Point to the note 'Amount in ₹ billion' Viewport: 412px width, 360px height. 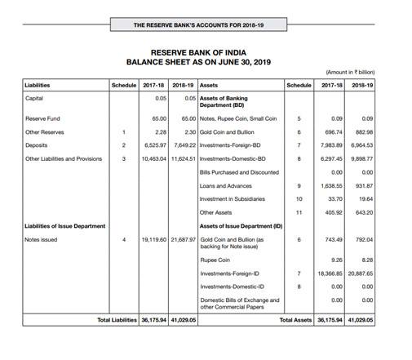(x=352, y=73)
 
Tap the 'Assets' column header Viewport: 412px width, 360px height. (x=209, y=84)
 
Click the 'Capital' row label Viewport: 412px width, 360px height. (x=35, y=98)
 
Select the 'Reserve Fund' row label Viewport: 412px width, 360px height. (x=42, y=118)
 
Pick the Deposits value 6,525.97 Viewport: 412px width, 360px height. (x=154, y=145)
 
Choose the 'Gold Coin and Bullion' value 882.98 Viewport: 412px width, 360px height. (x=361, y=132)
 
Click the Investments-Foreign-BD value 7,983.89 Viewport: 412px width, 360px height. (x=326, y=145)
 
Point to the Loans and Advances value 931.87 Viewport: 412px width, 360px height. (x=361, y=186)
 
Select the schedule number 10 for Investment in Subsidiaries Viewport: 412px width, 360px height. (x=299, y=199)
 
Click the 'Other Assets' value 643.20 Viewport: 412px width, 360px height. (x=361, y=213)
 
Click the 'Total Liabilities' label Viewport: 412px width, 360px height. (x=117, y=320)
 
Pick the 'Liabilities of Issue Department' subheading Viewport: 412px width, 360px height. (x=64, y=226)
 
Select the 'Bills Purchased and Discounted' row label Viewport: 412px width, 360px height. (x=239, y=172)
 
